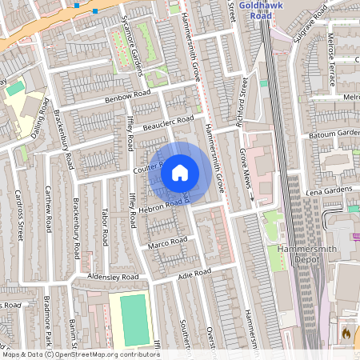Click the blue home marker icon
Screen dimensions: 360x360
click(180, 172)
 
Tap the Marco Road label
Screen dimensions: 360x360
click(168, 242)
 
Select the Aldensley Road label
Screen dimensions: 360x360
click(114, 277)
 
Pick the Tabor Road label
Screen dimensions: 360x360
click(105, 228)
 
